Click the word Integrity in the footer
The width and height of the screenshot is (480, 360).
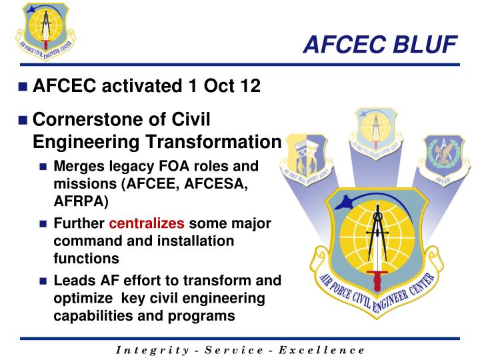145,350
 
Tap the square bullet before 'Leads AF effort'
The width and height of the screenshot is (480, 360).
44,281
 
